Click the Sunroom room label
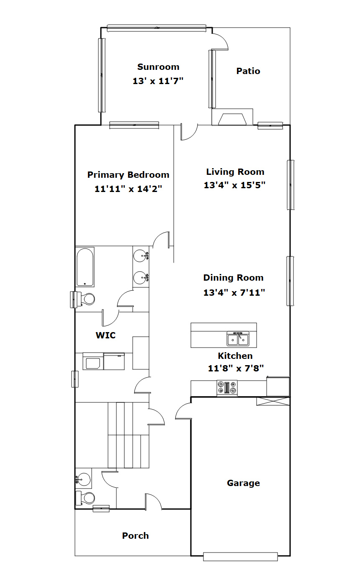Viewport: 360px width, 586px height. (158, 67)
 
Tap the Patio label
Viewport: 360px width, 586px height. (248, 71)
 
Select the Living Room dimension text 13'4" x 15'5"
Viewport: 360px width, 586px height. (234, 185)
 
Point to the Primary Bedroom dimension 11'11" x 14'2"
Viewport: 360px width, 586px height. (128, 189)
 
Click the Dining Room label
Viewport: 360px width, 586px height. (233, 278)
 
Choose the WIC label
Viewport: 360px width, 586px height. (105, 335)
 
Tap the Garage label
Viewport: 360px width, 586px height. (244, 483)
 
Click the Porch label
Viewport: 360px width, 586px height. (135, 536)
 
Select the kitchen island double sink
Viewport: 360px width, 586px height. (238, 339)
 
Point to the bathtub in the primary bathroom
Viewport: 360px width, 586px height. (85, 267)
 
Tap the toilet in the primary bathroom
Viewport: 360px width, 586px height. (85, 299)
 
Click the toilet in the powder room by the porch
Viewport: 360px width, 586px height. (85, 498)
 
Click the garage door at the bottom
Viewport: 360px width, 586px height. (240, 557)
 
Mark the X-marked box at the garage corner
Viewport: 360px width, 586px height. (273, 402)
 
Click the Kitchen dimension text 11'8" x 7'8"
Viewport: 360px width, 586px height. (236, 368)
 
